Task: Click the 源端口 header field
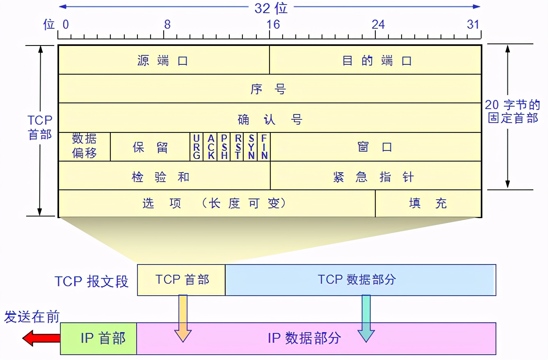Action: click(x=163, y=61)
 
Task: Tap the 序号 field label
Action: click(x=269, y=89)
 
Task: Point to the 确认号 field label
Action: click(x=270, y=119)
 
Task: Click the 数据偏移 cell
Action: click(x=84, y=146)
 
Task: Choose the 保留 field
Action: click(x=150, y=147)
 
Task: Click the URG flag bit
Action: click(x=196, y=147)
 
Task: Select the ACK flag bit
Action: click(x=210, y=147)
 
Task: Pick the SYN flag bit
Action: click(x=251, y=147)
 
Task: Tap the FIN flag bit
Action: click(x=264, y=147)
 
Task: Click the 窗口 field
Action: click(x=375, y=147)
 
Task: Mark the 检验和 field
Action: click(x=161, y=177)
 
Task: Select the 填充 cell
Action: click(x=427, y=203)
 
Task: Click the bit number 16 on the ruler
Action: click(x=273, y=24)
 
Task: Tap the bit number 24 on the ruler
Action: click(x=378, y=24)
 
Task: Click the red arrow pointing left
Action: click(x=41, y=339)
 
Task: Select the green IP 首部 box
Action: click(x=98, y=339)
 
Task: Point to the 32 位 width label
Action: click(x=271, y=8)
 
